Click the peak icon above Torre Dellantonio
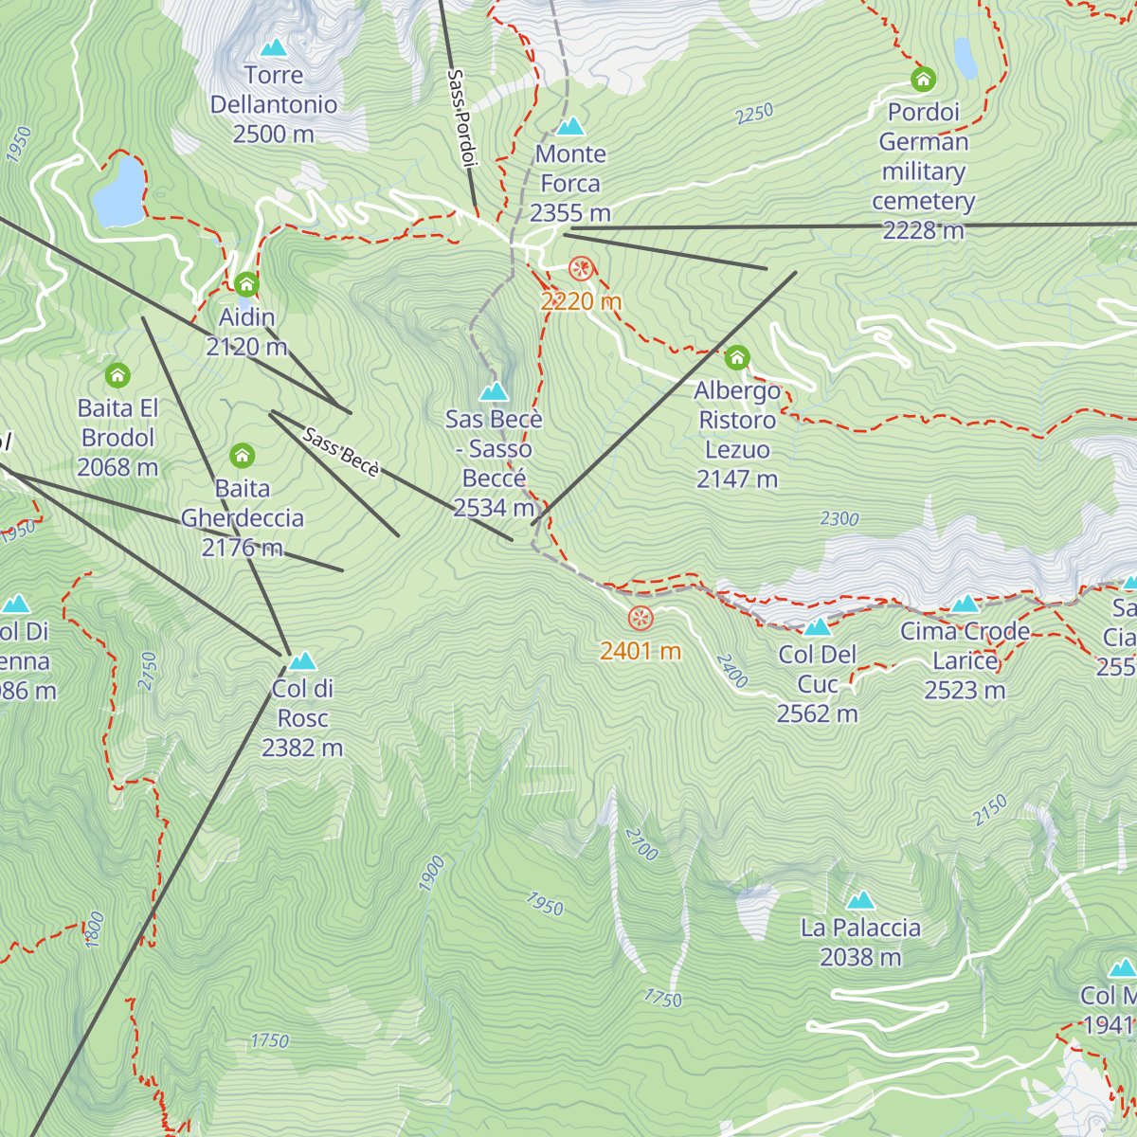(x=274, y=46)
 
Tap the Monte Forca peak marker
(x=569, y=126)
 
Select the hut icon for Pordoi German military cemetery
(x=923, y=80)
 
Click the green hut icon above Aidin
(x=246, y=284)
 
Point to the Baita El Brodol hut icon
(x=117, y=375)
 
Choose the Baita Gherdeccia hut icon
(x=243, y=456)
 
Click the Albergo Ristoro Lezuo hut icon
(x=737, y=358)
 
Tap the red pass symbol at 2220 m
(x=581, y=269)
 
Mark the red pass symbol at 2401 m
(x=641, y=619)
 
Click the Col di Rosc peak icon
(x=302, y=660)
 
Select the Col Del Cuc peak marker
(x=817, y=626)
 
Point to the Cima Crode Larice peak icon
(x=965, y=604)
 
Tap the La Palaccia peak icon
(x=860, y=900)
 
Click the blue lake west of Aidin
(x=119, y=192)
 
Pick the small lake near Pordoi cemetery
(x=966, y=58)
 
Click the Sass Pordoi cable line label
(x=460, y=118)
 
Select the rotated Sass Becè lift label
(x=341, y=453)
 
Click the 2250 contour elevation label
(x=755, y=114)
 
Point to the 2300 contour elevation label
(x=839, y=518)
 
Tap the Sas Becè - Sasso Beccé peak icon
(x=494, y=391)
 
